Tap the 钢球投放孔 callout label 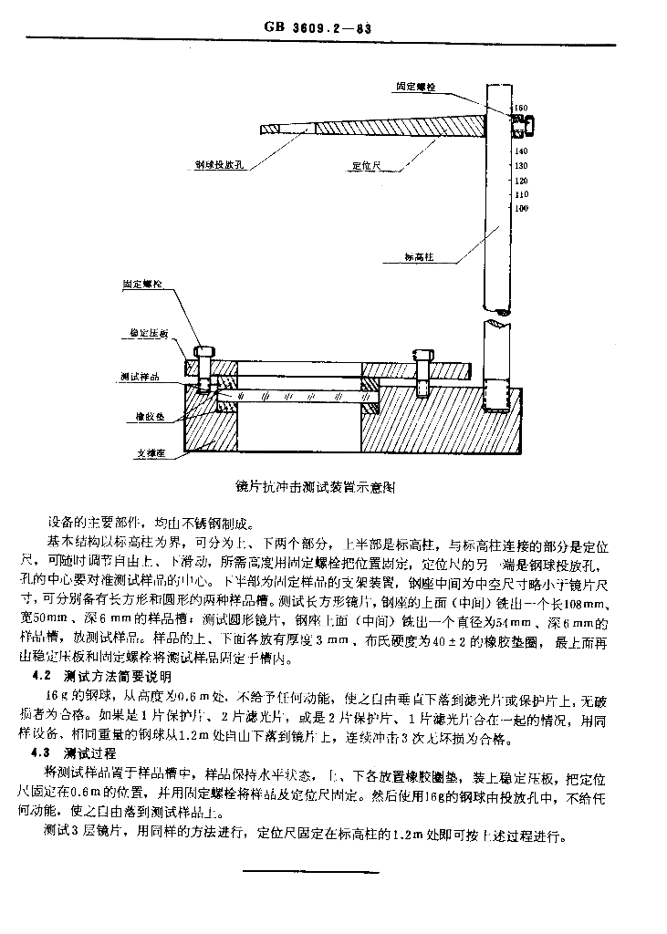(x=215, y=167)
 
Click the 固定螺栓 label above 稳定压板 (x=143, y=285)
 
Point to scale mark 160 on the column (x=521, y=109)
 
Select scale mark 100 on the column (x=522, y=208)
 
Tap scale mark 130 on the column (x=522, y=165)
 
